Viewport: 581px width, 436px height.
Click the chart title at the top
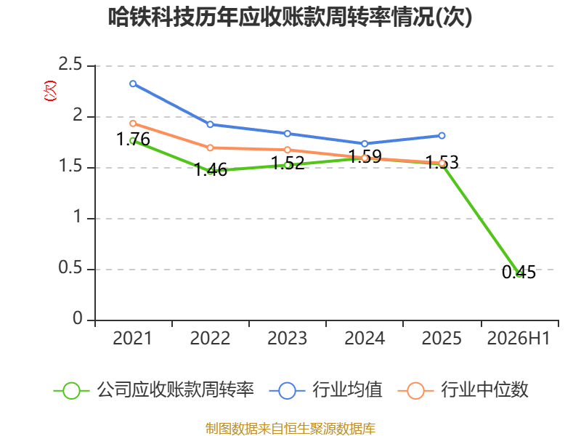click(x=290, y=17)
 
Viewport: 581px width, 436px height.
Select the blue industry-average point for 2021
click(x=133, y=84)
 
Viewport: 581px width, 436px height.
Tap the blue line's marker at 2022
click(x=210, y=124)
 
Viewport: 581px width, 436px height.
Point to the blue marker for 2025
click(x=442, y=136)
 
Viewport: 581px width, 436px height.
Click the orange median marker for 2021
click(x=133, y=124)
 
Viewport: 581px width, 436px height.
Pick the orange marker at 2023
click(x=288, y=150)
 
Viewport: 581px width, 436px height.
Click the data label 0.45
click(x=519, y=272)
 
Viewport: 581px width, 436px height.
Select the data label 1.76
click(x=133, y=140)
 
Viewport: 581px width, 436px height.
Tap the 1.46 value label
click(x=211, y=170)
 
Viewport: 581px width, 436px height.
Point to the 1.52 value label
click(x=288, y=163)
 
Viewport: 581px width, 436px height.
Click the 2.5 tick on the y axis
click(x=70, y=64)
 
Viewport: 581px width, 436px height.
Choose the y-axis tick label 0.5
click(x=70, y=267)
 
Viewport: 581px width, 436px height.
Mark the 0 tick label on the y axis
click(x=78, y=318)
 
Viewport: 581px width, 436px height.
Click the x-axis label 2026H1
click(x=519, y=338)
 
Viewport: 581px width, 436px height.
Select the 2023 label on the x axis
click(x=287, y=338)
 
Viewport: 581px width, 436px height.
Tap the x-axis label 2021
click(x=132, y=338)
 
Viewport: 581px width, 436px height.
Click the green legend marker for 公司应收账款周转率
click(x=71, y=391)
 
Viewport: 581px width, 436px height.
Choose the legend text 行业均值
click(x=347, y=390)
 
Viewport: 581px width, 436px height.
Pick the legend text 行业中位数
click(x=484, y=390)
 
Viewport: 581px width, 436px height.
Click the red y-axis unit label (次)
click(x=50, y=91)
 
